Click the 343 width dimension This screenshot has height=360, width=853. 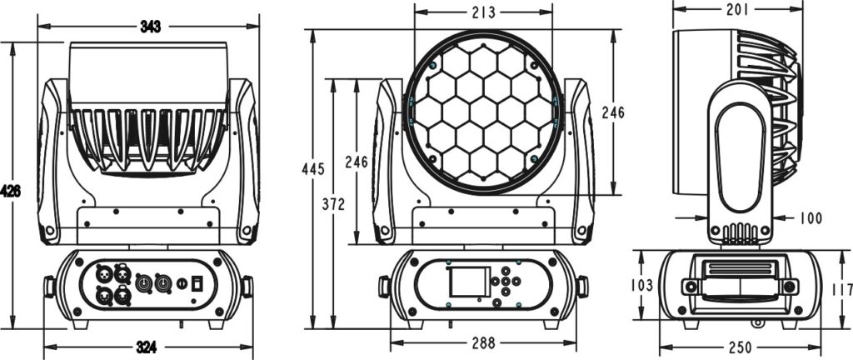pos(150,27)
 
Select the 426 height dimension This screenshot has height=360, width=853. pos(10,191)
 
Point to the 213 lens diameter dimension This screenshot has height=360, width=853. pos(482,12)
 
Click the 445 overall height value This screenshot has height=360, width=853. pos(313,170)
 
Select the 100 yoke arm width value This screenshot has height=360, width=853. pos(810,218)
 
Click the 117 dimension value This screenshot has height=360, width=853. pos(842,290)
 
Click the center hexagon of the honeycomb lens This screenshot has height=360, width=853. pos(483,112)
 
